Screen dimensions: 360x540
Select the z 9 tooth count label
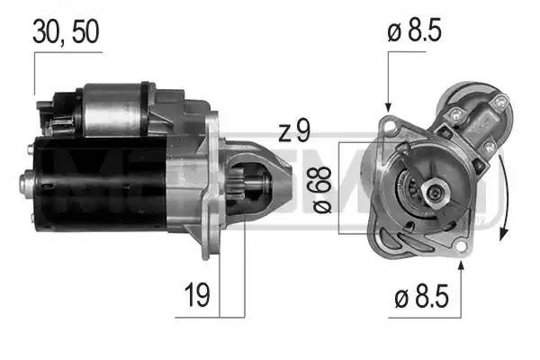coord(293,133)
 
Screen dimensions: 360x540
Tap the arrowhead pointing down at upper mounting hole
coord(388,106)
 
